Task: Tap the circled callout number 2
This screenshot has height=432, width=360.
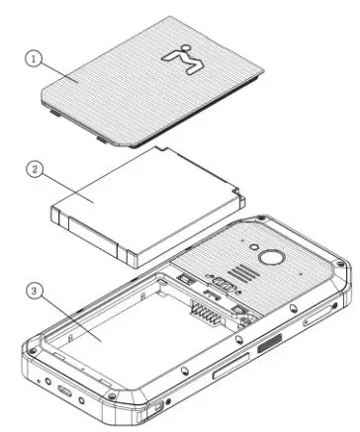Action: point(34,170)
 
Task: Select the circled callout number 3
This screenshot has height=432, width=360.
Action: point(35,292)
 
